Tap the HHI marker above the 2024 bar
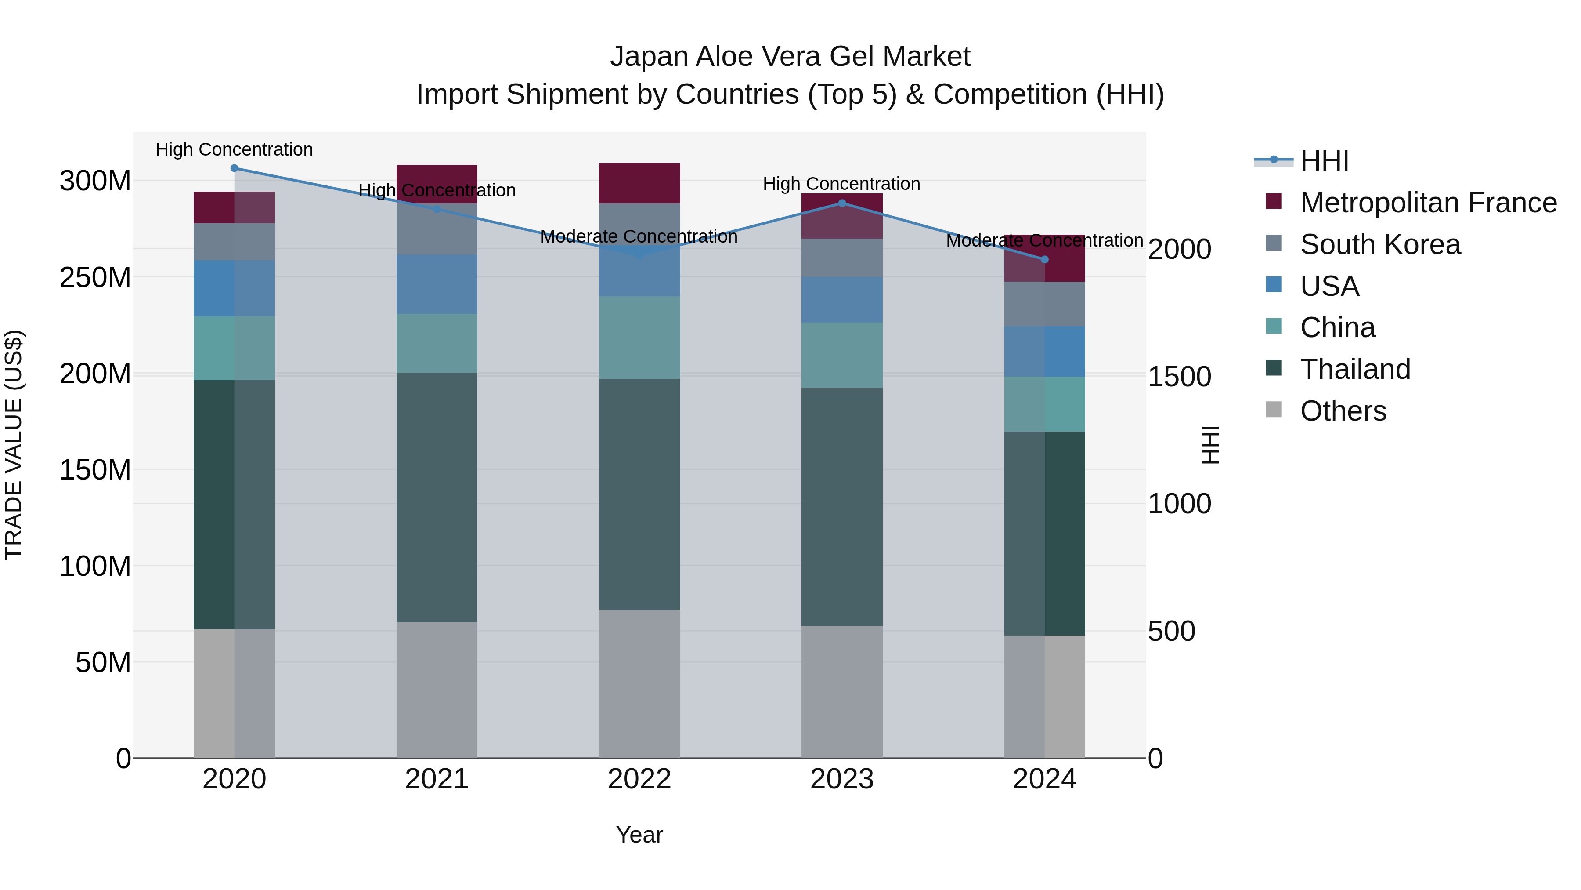click(x=1045, y=260)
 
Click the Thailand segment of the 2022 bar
click(x=639, y=494)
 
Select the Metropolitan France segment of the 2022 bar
click(x=639, y=183)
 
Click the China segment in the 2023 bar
click(x=841, y=355)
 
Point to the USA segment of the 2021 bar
click(x=437, y=284)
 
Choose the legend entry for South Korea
click(x=1380, y=244)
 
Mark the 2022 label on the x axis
click(x=639, y=779)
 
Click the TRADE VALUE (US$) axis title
click(x=14, y=445)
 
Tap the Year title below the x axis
click(x=639, y=835)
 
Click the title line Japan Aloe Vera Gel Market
click(x=790, y=57)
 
